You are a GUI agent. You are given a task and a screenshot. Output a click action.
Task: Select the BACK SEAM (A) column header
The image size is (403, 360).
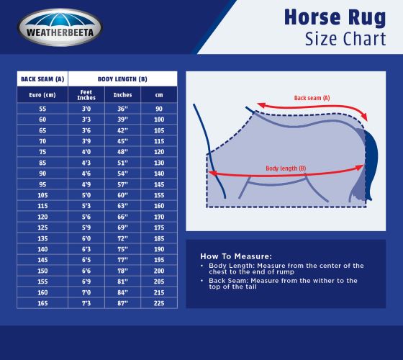42,78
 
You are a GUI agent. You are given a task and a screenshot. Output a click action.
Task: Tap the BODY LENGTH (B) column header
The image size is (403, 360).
122,78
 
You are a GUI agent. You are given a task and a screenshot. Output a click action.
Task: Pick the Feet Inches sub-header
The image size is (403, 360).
86,95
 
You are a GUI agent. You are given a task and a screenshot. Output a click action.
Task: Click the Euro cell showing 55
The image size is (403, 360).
42,107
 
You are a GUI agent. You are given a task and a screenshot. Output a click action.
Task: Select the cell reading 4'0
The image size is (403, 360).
86,152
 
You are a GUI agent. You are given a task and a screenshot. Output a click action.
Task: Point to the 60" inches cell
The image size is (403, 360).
122,194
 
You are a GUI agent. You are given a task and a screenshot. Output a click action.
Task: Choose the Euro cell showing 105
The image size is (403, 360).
42,194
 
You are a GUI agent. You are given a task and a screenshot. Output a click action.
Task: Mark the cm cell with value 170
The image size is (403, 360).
159,216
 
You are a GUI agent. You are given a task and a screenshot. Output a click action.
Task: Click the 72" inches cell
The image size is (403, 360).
122,238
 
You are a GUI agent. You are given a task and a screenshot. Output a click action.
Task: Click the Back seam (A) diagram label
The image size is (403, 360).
312,97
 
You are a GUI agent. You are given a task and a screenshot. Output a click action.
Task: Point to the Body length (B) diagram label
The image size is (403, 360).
286,168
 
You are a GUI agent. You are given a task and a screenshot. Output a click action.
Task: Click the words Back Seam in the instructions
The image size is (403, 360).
225,280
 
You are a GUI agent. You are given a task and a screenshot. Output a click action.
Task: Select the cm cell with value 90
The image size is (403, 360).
159,107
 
